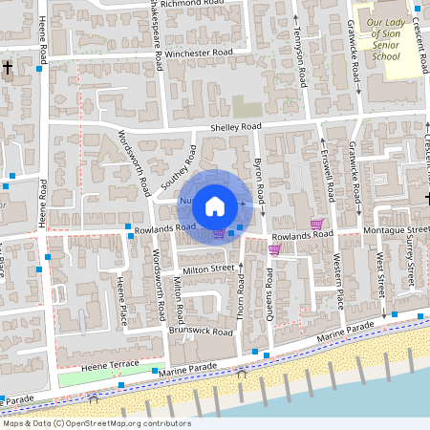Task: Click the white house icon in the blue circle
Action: tap(215, 205)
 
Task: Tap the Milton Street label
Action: tap(208, 269)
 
